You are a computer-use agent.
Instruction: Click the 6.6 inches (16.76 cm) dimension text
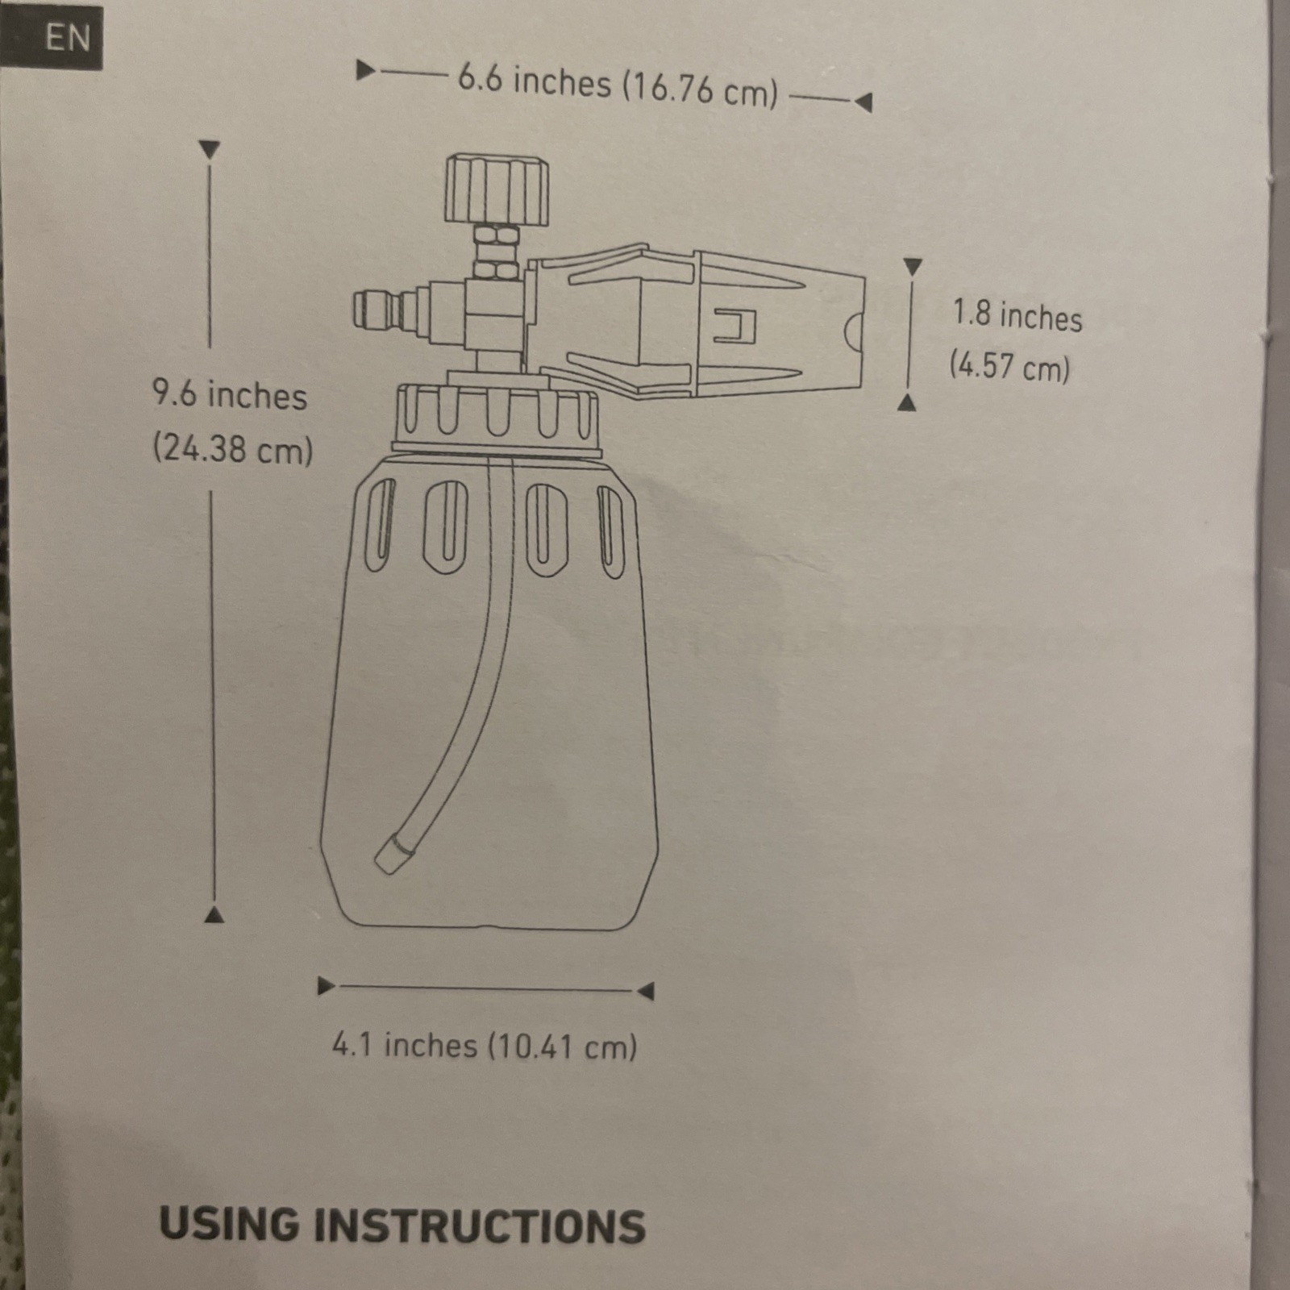[618, 85]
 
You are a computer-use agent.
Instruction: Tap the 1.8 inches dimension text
[1017, 314]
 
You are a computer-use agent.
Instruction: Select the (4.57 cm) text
[1009, 366]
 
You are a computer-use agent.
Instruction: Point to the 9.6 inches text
[230, 395]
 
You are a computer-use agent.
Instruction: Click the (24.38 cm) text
[233, 448]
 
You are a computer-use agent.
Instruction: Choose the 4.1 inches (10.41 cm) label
[485, 1046]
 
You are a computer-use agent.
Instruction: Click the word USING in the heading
[229, 1224]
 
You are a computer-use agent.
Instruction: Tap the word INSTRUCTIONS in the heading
[480, 1226]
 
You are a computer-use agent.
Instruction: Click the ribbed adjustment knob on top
[497, 189]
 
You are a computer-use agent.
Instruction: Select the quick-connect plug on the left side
[384, 310]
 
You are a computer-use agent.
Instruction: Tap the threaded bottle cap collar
[497, 416]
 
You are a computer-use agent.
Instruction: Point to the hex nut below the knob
[496, 252]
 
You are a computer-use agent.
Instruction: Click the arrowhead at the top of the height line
[210, 149]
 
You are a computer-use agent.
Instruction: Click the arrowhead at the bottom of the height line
[214, 914]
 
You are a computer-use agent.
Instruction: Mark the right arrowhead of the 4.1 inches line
[645, 991]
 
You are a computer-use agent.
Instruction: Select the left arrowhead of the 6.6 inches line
[366, 70]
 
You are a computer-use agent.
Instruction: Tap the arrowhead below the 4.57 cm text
[907, 402]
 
